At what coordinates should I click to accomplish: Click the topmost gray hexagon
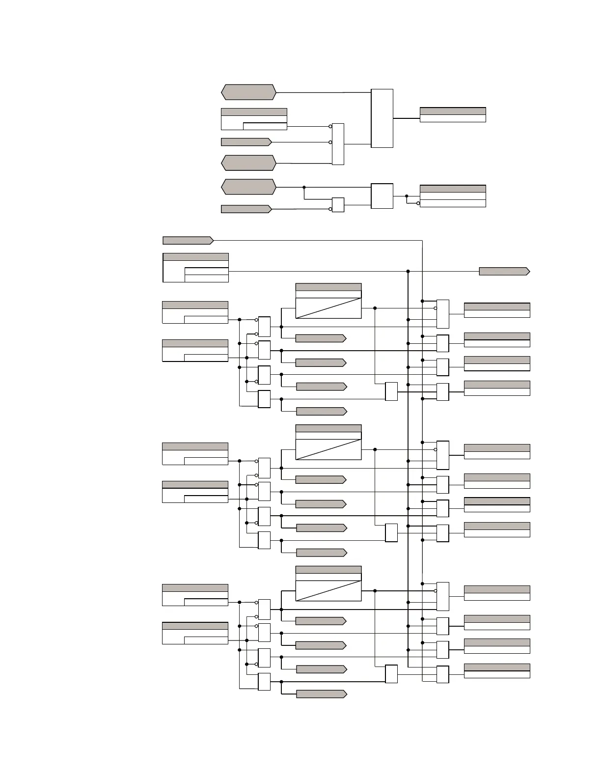tap(248, 92)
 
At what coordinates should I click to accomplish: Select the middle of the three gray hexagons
tap(248, 163)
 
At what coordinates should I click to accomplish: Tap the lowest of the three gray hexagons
tap(248, 187)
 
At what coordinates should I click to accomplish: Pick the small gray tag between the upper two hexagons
tap(246, 142)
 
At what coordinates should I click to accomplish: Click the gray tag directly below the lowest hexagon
tap(246, 209)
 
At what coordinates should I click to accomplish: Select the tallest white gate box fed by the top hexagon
tap(382, 118)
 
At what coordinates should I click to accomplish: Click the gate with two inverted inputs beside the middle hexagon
tap(338, 144)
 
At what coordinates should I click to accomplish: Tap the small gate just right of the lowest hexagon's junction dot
tap(338, 205)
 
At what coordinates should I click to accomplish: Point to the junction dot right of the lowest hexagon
tap(304, 187)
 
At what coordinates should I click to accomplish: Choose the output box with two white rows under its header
tap(453, 196)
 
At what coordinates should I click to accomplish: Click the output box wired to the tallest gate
tap(453, 114)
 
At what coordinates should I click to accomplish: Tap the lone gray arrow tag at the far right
tap(504, 271)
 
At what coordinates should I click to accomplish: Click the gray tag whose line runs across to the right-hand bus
tap(188, 240)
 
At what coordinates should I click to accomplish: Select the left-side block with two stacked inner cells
tap(195, 268)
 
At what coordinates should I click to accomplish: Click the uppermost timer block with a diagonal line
tap(328, 301)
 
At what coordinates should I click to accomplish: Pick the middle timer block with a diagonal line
tap(328, 443)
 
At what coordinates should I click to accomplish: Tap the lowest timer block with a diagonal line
tap(328, 583)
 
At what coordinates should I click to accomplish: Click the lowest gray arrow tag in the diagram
tap(322, 694)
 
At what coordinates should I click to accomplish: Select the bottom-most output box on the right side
tap(497, 671)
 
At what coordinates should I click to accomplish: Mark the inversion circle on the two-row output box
tap(418, 203)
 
